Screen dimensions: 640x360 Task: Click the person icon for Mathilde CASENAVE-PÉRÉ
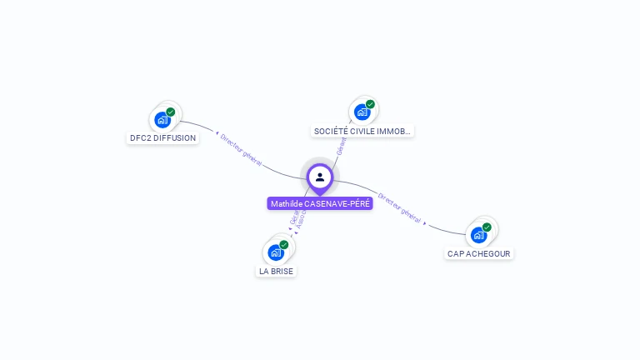tap(319, 177)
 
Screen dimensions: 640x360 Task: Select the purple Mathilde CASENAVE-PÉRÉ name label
tap(319, 204)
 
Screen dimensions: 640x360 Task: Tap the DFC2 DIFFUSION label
tap(162, 138)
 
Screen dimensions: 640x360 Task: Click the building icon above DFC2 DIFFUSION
tap(162, 119)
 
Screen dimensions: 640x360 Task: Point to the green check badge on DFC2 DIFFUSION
tap(171, 112)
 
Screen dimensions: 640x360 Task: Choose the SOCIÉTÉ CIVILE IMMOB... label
tap(362, 132)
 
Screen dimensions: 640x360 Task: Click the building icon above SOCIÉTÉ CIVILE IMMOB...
tap(362, 112)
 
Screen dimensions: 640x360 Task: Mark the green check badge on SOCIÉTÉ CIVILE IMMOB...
tap(370, 104)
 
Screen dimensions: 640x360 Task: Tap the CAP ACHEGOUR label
tap(478, 253)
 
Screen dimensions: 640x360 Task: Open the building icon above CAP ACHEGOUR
tap(478, 234)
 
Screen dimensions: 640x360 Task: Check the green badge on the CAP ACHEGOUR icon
tap(487, 227)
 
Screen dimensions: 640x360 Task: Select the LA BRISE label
tap(276, 272)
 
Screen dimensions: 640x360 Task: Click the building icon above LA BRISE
tap(275, 252)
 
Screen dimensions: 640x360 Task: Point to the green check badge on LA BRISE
tap(284, 245)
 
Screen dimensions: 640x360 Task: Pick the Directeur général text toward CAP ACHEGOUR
tap(399, 207)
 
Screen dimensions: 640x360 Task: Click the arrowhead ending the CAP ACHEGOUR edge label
tap(425, 223)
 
